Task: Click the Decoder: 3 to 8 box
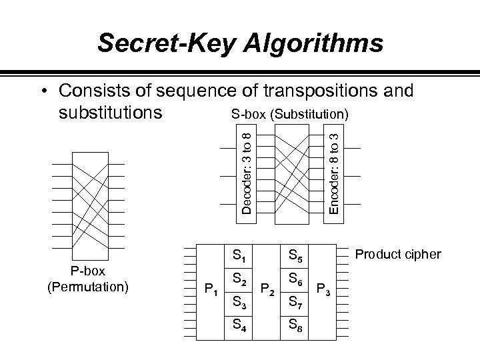tap(247, 173)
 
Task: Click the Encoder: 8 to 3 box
tap(335, 173)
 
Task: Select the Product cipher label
tap(398, 254)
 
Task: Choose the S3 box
tap(239, 305)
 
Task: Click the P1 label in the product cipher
tap(210, 289)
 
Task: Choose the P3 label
tap(324, 289)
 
